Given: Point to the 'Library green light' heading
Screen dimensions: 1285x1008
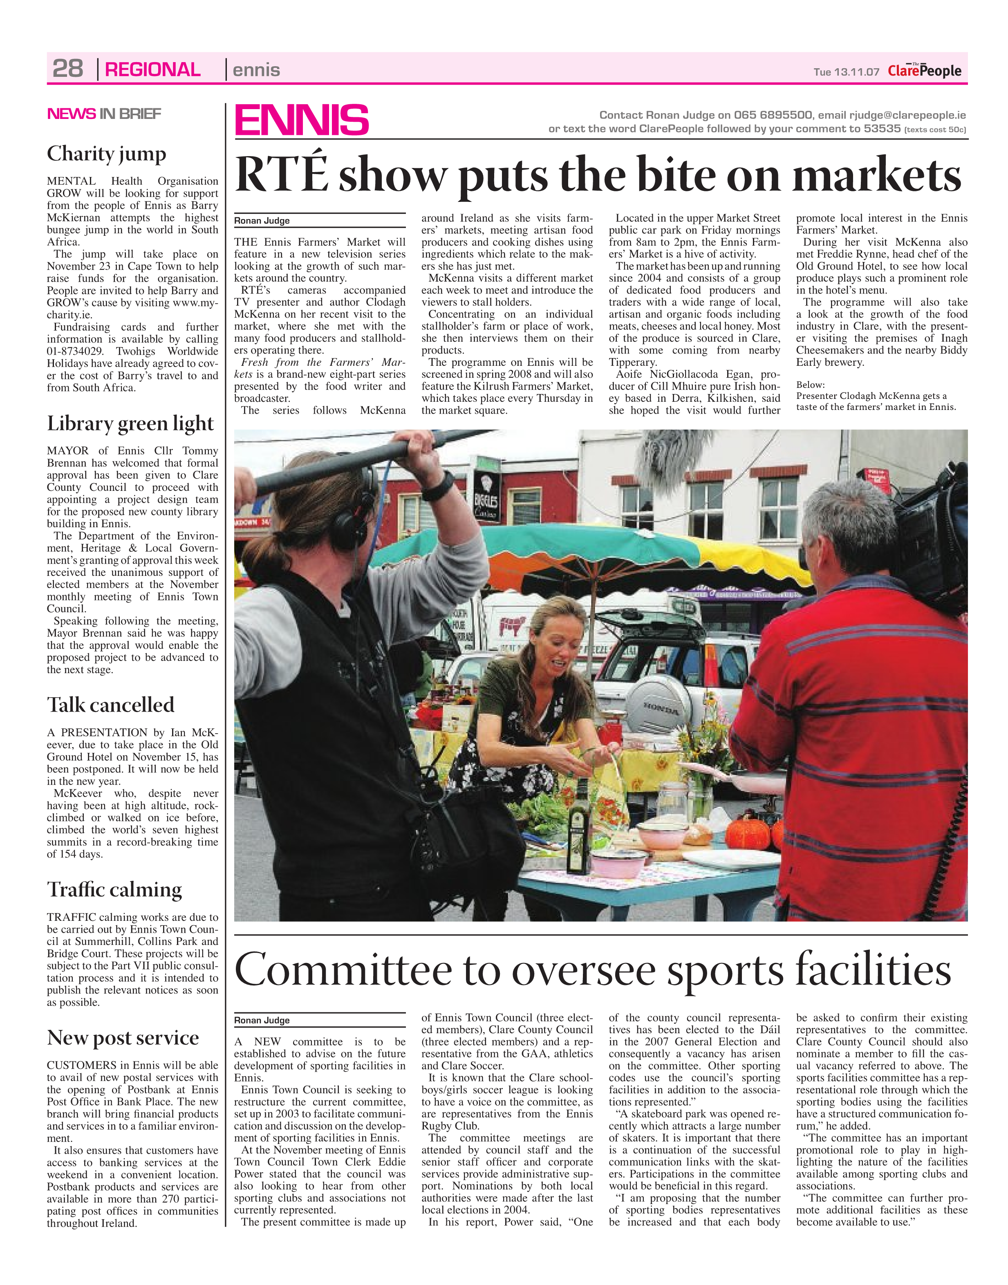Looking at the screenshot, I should pyautogui.click(x=130, y=423).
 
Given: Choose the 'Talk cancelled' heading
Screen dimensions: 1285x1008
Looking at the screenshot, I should pyautogui.click(x=110, y=705).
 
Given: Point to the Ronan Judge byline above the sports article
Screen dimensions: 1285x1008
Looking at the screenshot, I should pyautogui.click(x=262, y=1020).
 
